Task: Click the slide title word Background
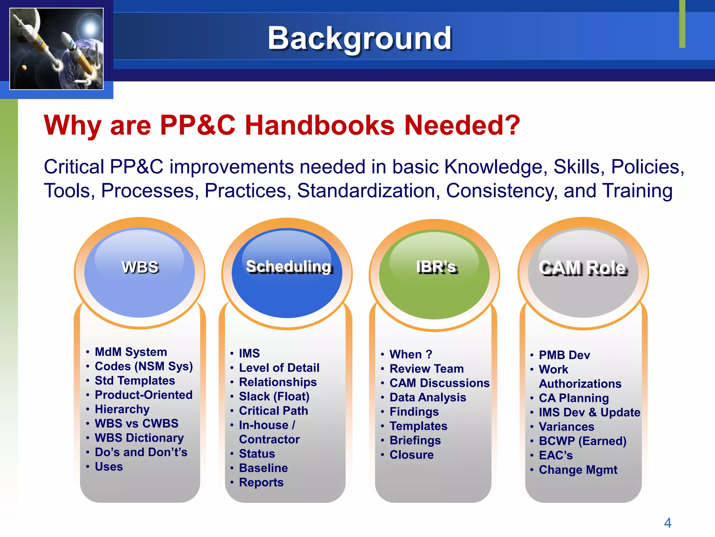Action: tap(359, 38)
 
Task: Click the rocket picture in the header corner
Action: tap(57, 49)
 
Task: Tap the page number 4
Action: tap(667, 523)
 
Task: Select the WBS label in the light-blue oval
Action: tap(140, 267)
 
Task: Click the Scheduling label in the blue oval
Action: tap(288, 266)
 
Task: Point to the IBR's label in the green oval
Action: tap(436, 267)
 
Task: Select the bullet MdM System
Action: tap(131, 352)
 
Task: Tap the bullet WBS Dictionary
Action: tap(139, 438)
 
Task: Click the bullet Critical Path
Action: tap(273, 411)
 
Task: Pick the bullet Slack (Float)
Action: tap(274, 396)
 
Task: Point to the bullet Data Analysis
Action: tap(428, 398)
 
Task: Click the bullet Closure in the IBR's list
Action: tap(412, 455)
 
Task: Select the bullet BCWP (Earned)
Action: tap(582, 441)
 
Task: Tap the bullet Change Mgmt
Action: tap(578, 470)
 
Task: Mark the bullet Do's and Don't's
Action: tap(141, 452)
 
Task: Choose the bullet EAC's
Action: tap(556, 456)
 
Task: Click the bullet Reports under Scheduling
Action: tap(261, 482)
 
